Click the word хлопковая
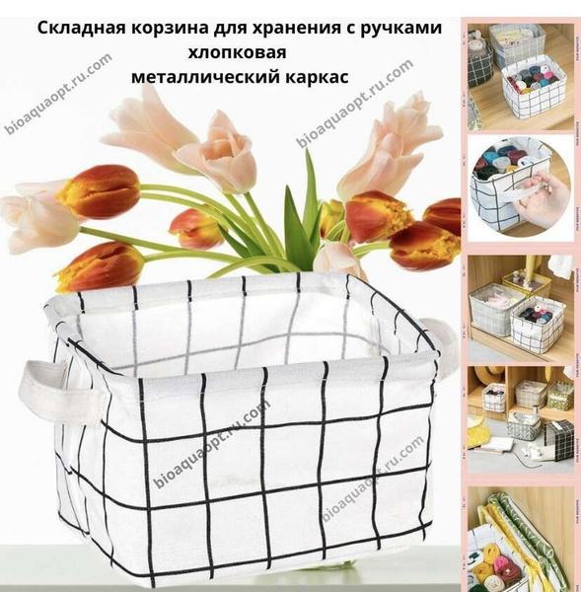click(237, 53)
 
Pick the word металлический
click(205, 77)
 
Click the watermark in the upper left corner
click(58, 94)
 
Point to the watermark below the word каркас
click(354, 104)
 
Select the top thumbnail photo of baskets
click(521, 77)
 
